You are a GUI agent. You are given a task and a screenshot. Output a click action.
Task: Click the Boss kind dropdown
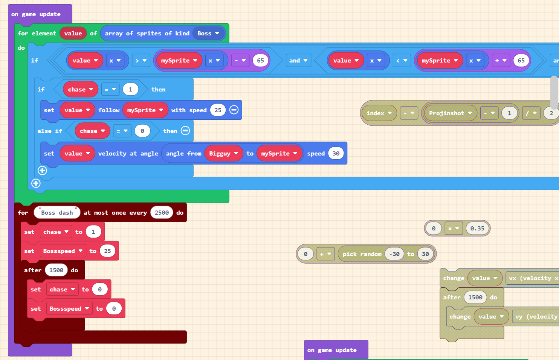tap(208, 34)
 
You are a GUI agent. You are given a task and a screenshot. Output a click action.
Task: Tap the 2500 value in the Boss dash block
tap(162, 213)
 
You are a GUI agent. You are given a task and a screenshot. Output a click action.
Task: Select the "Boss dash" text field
tap(57, 213)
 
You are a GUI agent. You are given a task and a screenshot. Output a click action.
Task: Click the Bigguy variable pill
tap(223, 154)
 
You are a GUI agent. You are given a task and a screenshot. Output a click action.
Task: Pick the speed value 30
tap(336, 154)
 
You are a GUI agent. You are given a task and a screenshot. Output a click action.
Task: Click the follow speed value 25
tap(218, 110)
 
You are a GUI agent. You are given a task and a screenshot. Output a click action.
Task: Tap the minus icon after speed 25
tap(234, 110)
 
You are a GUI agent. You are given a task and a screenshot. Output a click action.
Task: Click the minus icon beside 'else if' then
tap(185, 131)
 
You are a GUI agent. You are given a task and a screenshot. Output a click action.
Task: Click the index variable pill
tap(379, 113)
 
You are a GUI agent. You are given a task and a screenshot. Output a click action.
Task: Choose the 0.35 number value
tap(477, 229)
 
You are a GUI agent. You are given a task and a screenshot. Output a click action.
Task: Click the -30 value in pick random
tap(394, 254)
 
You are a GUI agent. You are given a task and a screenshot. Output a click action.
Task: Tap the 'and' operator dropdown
tap(298, 61)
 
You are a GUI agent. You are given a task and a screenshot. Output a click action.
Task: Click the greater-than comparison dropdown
tap(141, 61)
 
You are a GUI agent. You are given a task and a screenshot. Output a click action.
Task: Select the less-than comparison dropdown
tap(402, 61)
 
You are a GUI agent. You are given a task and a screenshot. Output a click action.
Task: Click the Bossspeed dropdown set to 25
tap(63, 251)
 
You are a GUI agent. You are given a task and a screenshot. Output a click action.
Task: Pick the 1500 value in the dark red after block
tap(56, 270)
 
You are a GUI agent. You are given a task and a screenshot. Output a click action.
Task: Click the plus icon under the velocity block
tap(42, 171)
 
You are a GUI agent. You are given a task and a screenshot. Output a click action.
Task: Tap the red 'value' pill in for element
tap(73, 34)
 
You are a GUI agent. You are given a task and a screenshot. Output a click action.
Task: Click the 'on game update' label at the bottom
tap(332, 350)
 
